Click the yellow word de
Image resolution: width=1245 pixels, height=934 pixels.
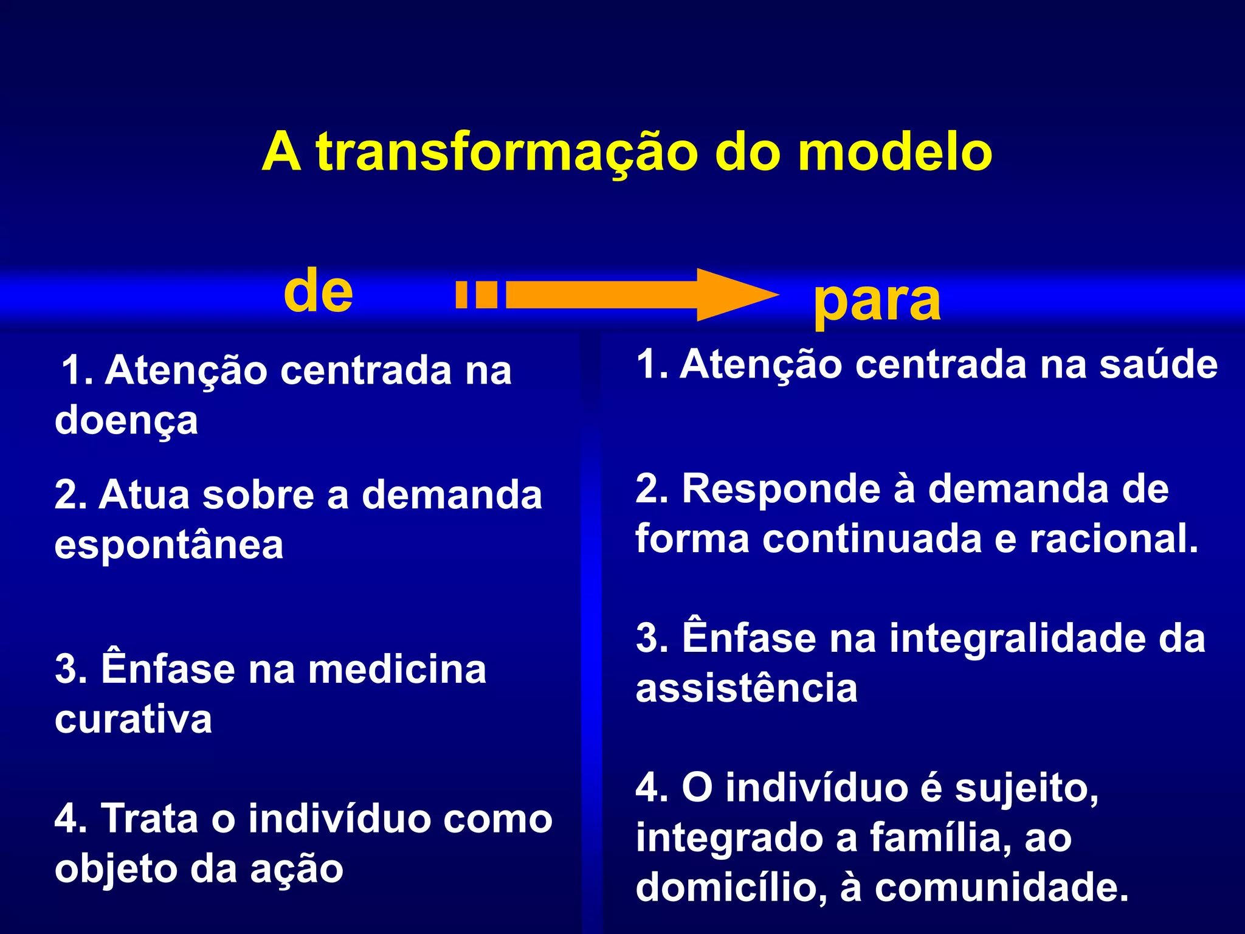(318, 291)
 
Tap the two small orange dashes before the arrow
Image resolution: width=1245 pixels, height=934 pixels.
(477, 294)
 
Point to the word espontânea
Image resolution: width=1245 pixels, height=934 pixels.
(169, 545)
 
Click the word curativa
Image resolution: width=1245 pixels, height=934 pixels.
(134, 719)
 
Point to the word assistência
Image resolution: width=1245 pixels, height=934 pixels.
(747, 689)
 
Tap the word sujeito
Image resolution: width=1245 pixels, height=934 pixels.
(1026, 789)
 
